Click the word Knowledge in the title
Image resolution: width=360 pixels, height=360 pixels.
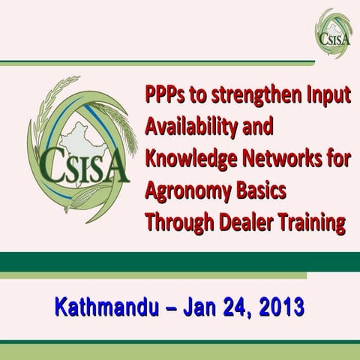[x=187, y=160]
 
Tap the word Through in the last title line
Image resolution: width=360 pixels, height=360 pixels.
[x=175, y=223]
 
